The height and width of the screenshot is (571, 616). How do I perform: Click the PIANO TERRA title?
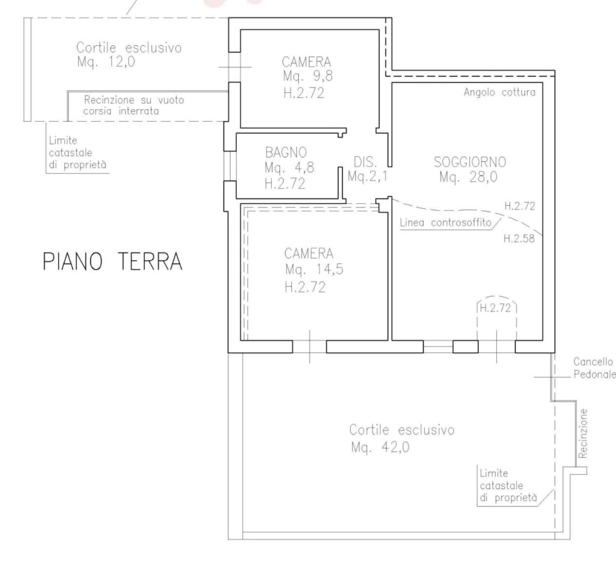click(112, 262)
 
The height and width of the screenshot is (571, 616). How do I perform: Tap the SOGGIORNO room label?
click(470, 162)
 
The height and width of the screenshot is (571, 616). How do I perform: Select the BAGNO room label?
click(286, 152)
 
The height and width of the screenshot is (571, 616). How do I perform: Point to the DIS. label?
click(366, 162)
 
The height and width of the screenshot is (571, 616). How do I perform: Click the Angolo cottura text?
click(500, 92)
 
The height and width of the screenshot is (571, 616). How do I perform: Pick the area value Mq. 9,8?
click(308, 76)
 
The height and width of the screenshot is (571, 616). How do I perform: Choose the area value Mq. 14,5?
click(314, 269)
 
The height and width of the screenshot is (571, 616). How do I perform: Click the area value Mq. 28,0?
click(468, 177)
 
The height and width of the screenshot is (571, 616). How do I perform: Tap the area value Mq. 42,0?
click(380, 447)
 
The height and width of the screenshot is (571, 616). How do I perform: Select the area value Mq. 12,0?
click(106, 62)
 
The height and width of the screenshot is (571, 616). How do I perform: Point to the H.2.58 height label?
click(519, 239)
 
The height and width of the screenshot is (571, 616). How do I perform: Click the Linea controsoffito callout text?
click(446, 223)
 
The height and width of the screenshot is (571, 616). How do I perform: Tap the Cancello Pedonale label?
click(594, 368)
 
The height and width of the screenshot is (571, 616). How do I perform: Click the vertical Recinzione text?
click(583, 434)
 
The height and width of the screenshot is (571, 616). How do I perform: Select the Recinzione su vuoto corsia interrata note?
click(134, 105)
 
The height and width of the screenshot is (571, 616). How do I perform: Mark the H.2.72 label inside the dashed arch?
click(495, 308)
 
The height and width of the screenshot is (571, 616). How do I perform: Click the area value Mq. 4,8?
click(289, 168)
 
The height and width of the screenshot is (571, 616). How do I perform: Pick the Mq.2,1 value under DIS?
click(367, 176)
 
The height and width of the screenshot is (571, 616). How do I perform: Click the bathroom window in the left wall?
click(230, 166)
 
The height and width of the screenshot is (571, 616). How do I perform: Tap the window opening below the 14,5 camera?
click(309, 346)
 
